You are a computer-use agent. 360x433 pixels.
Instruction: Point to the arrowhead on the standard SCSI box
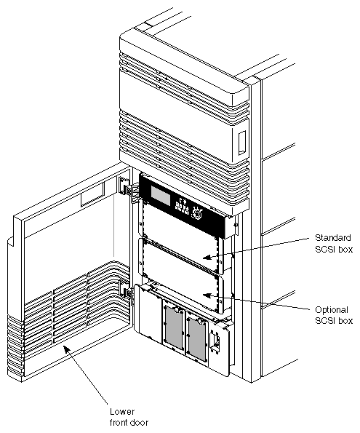(208, 258)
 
